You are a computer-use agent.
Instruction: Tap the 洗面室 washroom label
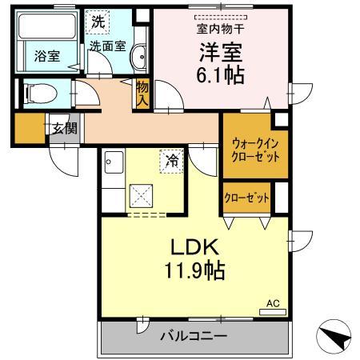[x=106, y=46]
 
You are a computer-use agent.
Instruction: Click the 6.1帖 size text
[x=221, y=77]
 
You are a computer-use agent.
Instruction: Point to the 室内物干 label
[x=221, y=29]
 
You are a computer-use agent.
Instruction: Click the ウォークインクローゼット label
[x=255, y=150]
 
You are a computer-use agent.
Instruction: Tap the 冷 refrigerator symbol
[x=171, y=159]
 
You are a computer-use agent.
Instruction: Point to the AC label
[x=273, y=303]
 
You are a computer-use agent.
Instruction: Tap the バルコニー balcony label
[x=192, y=336]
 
